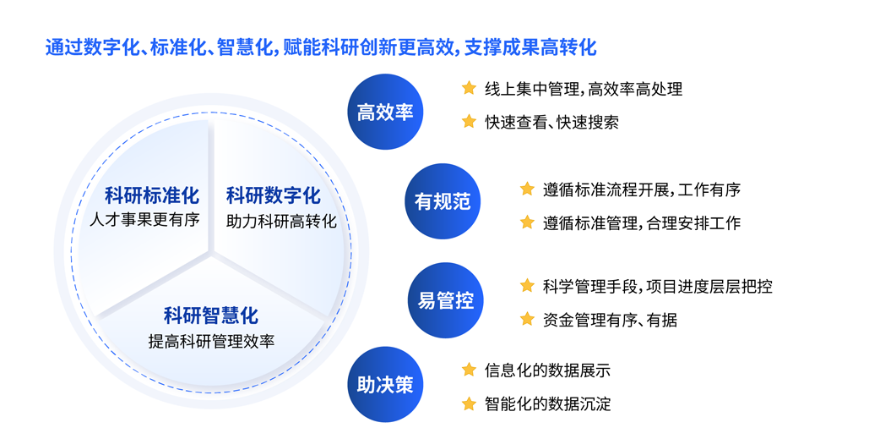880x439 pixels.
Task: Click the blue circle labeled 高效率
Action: pyautogui.click(x=385, y=112)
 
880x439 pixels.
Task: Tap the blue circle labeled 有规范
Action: pyautogui.click(x=443, y=201)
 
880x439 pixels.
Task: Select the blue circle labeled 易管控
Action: pyautogui.click(x=446, y=300)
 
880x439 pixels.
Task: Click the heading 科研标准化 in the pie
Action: pyautogui.click(x=151, y=196)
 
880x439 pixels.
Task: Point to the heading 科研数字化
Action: pyautogui.click(x=274, y=196)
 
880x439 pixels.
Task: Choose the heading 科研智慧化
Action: pyautogui.click(x=211, y=316)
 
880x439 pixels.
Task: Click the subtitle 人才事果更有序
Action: pyautogui.click(x=144, y=219)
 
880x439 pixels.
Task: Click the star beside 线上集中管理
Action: pyautogui.click(x=469, y=88)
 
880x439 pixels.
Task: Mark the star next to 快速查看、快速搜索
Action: pyautogui.click(x=469, y=122)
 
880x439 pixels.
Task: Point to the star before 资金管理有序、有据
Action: pyautogui.click(x=527, y=319)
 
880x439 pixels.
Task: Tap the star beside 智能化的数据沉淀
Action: pyautogui.click(x=469, y=403)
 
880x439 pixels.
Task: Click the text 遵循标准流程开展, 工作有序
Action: pyautogui.click(x=642, y=189)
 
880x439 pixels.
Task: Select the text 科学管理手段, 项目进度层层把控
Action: pyautogui.click(x=658, y=286)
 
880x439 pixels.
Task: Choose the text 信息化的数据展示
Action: pyautogui.click(x=547, y=370)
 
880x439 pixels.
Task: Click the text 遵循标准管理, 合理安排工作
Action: pyautogui.click(x=642, y=223)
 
